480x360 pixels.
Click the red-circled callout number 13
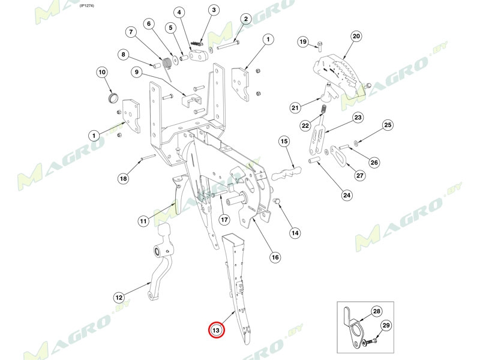pos(216,330)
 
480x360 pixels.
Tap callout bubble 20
pos(356,37)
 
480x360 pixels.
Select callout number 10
pos(102,73)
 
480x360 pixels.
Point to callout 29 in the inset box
pos(386,325)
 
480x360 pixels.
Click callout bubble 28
pos(376,311)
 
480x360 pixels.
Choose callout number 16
pos(275,257)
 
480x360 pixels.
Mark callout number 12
pos(119,297)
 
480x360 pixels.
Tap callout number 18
pos(123,178)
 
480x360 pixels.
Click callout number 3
pos(213,10)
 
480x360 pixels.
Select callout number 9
pos(137,73)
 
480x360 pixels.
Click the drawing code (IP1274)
pos(88,5)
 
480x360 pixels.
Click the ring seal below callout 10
pos(112,98)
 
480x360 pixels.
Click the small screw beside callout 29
pos(368,341)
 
